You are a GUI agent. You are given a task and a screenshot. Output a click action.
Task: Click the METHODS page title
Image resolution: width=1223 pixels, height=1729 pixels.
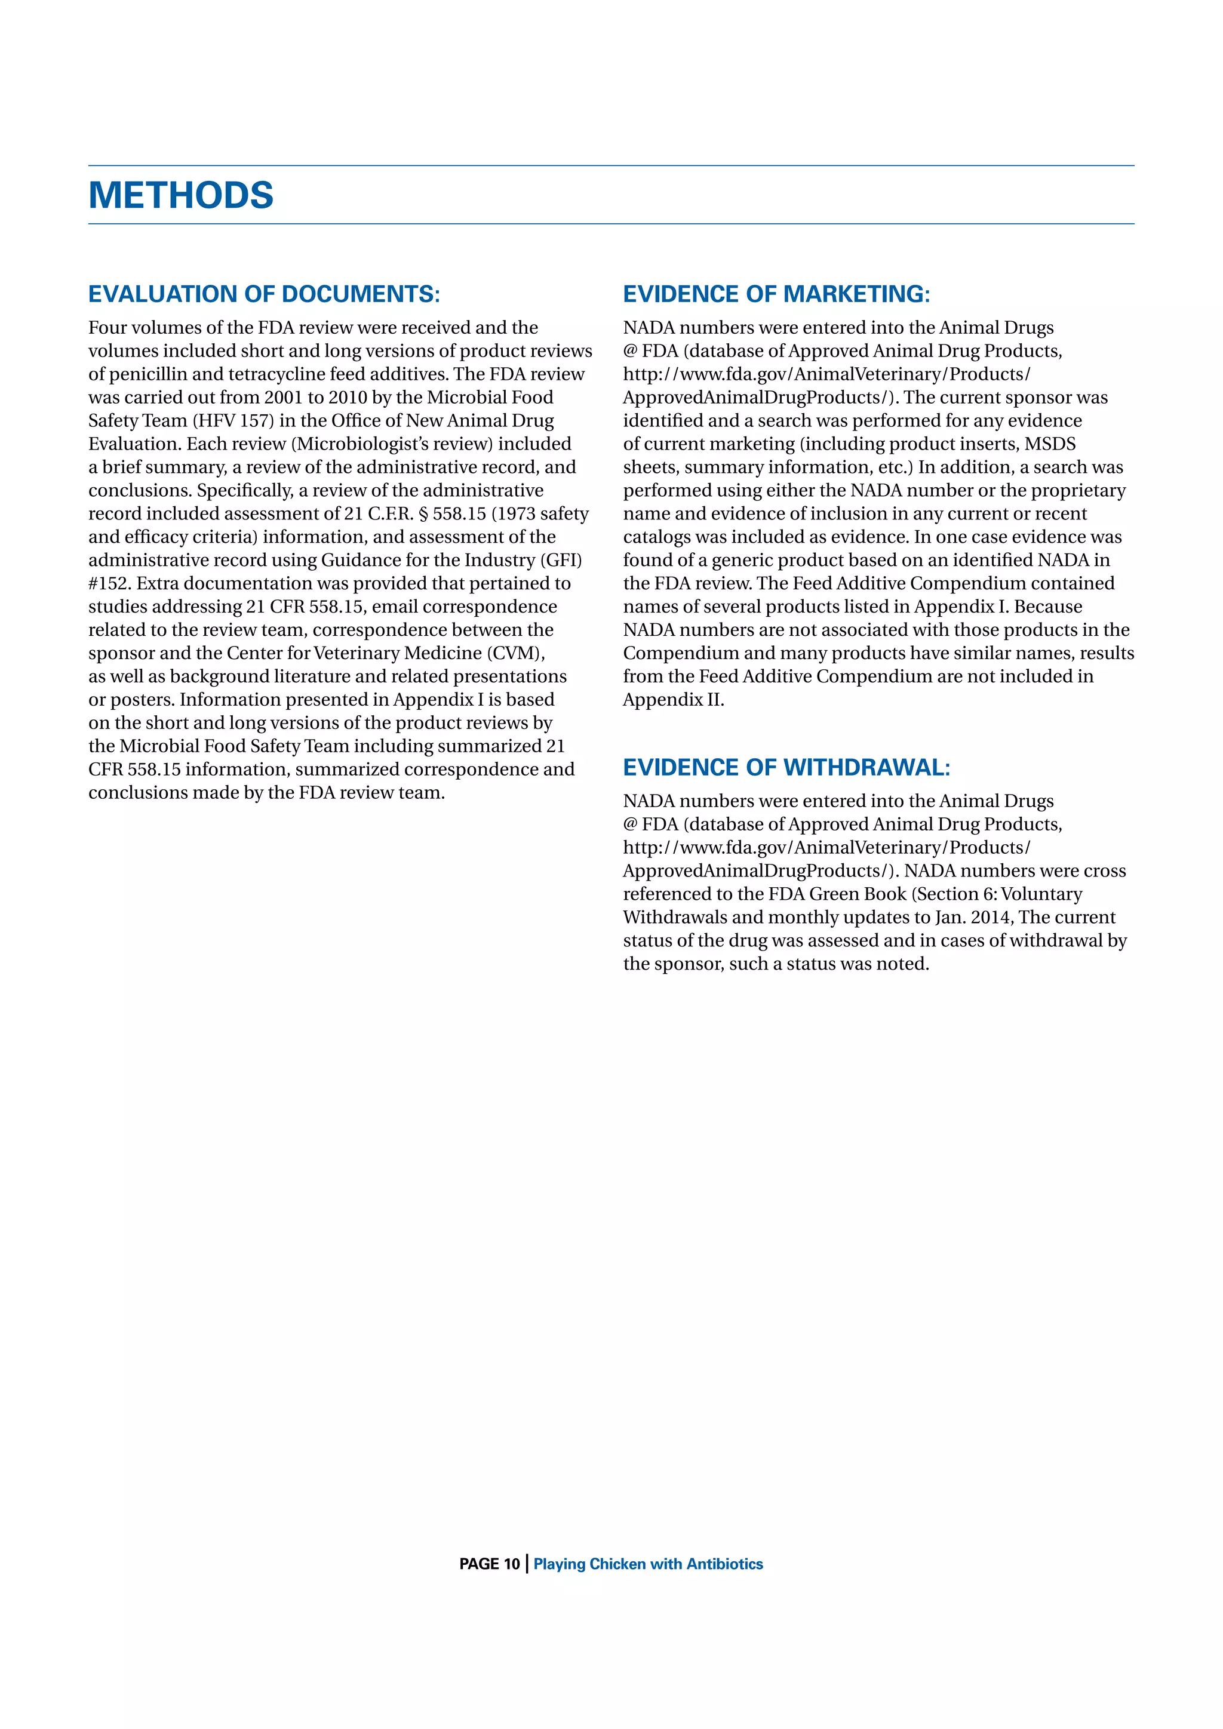click(x=181, y=195)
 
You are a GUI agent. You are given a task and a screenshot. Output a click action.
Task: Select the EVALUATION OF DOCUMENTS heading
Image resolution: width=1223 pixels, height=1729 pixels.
click(x=263, y=294)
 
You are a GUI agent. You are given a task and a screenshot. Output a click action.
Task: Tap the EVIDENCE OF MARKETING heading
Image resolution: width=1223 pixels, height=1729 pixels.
click(x=776, y=294)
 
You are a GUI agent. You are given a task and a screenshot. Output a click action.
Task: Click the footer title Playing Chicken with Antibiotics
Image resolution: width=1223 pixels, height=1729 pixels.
click(x=648, y=1564)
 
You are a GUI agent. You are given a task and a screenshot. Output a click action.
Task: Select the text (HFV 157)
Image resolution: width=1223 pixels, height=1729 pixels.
click(x=232, y=421)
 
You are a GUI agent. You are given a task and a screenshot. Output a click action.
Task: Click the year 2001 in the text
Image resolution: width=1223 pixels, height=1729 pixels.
click(x=282, y=398)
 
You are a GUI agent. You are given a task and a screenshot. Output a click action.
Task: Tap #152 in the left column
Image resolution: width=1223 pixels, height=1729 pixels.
click(x=109, y=584)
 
